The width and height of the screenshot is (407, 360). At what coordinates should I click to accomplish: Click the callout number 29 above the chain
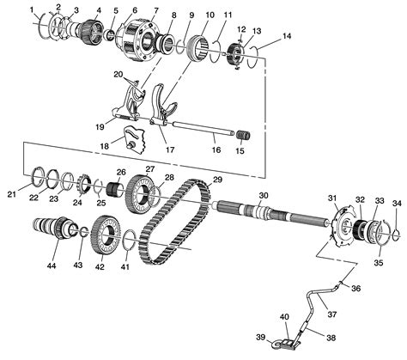coord(217,179)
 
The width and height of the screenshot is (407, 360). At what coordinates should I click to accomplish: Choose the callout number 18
coord(105,147)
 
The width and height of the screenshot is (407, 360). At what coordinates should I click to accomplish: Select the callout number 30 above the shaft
coord(264,194)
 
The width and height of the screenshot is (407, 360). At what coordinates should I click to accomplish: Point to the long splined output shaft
coord(266,218)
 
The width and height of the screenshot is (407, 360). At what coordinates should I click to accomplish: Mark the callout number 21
coord(11,195)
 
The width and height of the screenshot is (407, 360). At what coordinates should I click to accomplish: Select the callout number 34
coord(396,203)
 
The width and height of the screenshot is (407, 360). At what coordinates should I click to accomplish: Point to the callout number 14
coord(285,36)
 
